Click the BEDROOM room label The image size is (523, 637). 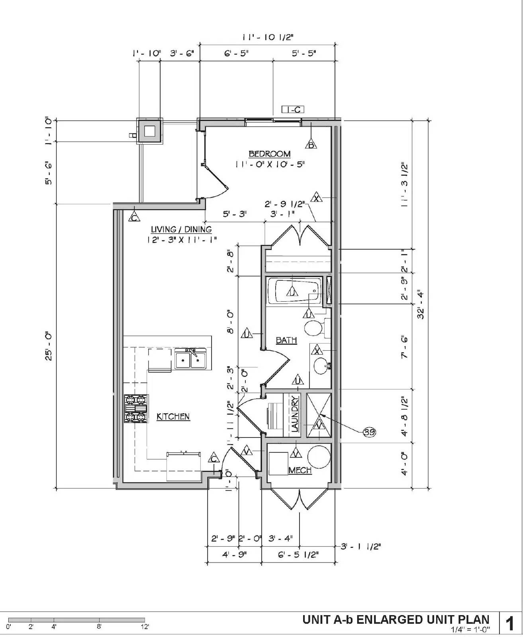tap(270, 154)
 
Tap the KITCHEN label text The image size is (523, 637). tap(173, 417)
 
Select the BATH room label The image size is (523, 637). tap(286, 340)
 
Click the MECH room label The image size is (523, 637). tap(300, 471)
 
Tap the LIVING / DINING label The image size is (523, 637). tap(181, 230)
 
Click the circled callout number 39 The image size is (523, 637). tap(369, 432)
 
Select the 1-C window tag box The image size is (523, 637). tap(293, 109)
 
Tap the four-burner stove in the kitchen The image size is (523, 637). tap(136, 408)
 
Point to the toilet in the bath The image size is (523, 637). tap(315, 328)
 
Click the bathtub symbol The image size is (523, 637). tap(294, 292)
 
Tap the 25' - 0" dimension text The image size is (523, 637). tap(49, 346)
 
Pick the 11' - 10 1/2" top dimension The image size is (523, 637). tap(268, 37)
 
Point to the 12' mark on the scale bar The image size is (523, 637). tap(145, 627)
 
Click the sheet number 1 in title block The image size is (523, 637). tap(510, 623)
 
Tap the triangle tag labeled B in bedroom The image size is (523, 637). tap(311, 145)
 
